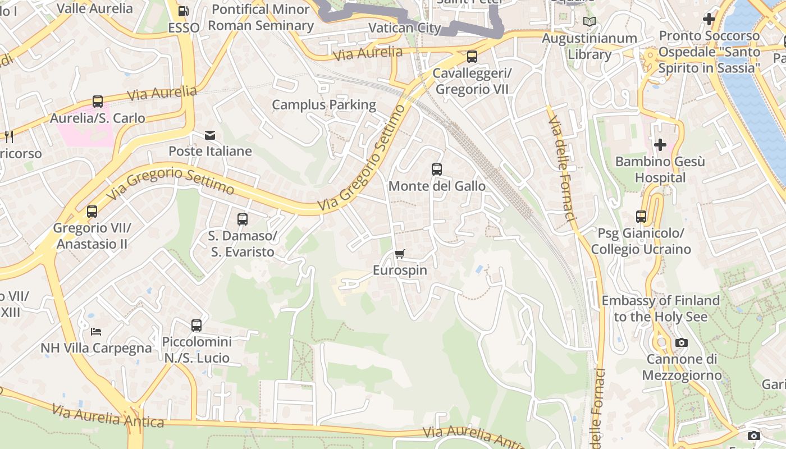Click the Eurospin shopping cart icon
tap(399, 254)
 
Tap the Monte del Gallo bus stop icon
tap(437, 169)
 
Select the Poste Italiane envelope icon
tap(210, 135)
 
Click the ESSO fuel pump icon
tap(183, 11)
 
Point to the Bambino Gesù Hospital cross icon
tap(660, 145)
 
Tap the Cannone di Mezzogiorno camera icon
tap(681, 342)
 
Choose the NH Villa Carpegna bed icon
tap(96, 332)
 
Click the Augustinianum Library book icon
tap(589, 22)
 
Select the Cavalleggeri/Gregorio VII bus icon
tap(472, 57)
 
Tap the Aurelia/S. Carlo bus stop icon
tap(98, 102)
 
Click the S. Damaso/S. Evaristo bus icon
tap(243, 219)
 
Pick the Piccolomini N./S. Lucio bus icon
tap(196, 325)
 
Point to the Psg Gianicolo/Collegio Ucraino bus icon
tap(641, 216)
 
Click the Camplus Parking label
tap(324, 105)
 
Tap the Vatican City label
tap(404, 28)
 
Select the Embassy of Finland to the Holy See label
tap(660, 309)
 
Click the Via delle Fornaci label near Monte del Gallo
tap(562, 168)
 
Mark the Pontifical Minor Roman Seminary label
tap(261, 17)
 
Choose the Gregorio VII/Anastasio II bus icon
tap(92, 212)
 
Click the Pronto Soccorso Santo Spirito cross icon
tap(709, 19)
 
